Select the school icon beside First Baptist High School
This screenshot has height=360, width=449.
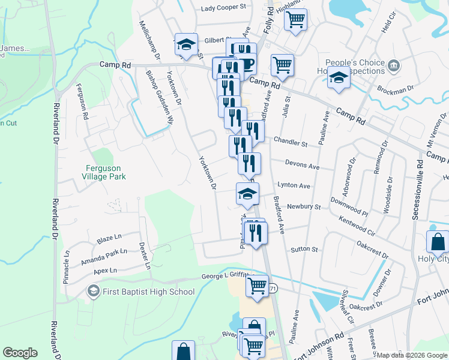tap(93, 292)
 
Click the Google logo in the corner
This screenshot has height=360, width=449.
tap(20, 353)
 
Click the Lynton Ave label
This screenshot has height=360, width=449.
tap(294, 186)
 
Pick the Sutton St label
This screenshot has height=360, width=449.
tap(304, 248)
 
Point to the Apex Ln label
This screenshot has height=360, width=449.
tap(105, 271)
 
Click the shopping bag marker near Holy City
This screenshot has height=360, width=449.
tap(438, 242)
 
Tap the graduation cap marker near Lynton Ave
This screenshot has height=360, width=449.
tap(247, 193)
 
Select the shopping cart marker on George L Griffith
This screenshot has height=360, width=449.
tap(257, 286)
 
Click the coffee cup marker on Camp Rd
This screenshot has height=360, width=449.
tap(245, 64)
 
